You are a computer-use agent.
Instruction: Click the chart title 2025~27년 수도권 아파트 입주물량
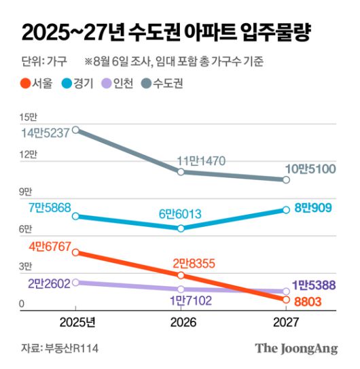(170, 32)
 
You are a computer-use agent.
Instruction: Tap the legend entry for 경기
(86, 84)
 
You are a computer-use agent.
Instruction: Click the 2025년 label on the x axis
(76, 321)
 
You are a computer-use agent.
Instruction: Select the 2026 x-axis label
(181, 321)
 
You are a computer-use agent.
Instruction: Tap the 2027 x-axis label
(285, 321)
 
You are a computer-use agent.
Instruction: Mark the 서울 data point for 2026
(181, 275)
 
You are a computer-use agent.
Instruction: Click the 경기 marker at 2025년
(76, 216)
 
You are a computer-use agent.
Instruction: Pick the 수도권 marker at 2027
(286, 179)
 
